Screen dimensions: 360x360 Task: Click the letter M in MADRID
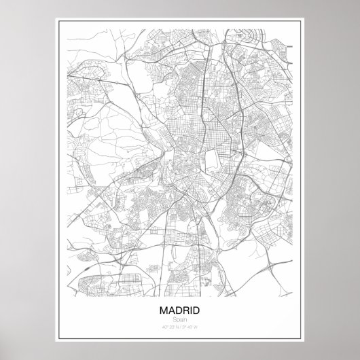[x=164, y=310]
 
